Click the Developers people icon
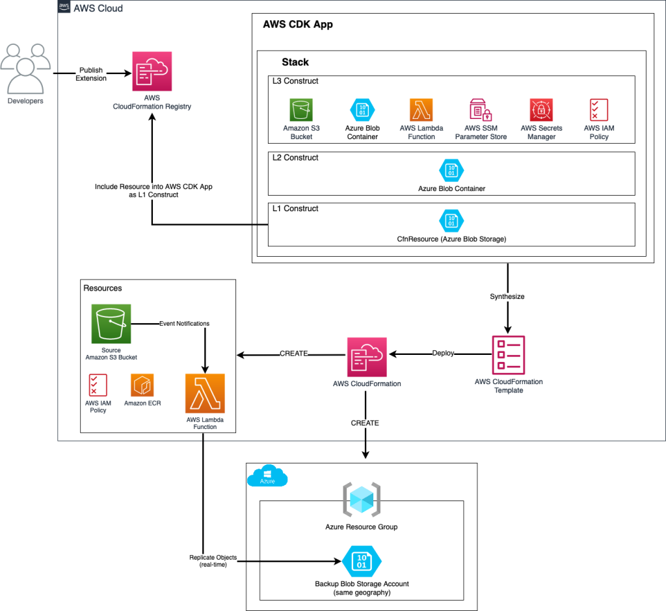pos(25,68)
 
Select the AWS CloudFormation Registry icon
pos(152,73)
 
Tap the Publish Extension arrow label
pos(91,74)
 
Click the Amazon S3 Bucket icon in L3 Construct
pos(301,110)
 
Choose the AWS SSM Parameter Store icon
pos(481,110)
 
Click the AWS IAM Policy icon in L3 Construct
pos(598,110)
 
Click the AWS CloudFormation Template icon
pos(509,354)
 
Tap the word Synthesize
pos(508,296)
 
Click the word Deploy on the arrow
pos(443,354)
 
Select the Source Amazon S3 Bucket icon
pos(111,324)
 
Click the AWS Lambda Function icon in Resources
pos(205,393)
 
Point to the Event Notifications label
pos(184,323)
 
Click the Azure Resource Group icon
pos(362,500)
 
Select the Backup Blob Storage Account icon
pos(362,561)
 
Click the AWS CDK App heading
pos(298,25)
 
